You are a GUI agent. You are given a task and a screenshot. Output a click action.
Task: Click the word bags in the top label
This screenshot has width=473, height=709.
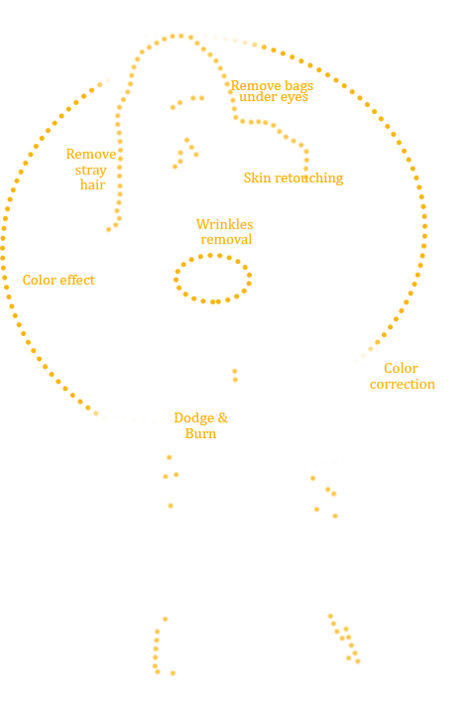tap(298, 86)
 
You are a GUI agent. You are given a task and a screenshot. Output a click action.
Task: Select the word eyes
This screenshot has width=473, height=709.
tap(293, 97)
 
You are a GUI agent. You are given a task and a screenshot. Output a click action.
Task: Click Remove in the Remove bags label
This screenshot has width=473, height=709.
tap(257, 85)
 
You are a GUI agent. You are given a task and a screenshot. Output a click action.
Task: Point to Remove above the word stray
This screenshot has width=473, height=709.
tap(91, 154)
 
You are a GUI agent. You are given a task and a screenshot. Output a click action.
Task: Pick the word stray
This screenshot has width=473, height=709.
tap(91, 171)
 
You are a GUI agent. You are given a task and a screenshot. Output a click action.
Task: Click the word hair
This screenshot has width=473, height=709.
tap(92, 185)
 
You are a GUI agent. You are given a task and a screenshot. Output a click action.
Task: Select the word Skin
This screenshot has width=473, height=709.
tap(258, 177)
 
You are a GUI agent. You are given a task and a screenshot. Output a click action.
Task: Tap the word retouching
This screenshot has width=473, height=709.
tap(308, 178)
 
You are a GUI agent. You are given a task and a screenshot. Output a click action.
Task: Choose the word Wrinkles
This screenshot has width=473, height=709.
tap(225, 224)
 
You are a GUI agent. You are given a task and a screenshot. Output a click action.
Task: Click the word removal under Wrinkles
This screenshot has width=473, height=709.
tap(226, 240)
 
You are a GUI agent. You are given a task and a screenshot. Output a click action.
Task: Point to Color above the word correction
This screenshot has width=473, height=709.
tap(401, 369)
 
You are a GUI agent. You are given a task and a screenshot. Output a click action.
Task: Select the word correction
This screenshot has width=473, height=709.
tap(403, 385)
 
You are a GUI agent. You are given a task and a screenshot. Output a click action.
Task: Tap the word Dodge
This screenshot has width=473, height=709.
tap(194, 417)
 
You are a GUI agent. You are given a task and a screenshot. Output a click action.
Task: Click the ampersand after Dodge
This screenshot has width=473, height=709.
tap(223, 417)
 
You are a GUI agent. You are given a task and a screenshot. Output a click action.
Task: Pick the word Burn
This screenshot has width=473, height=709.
tap(200, 433)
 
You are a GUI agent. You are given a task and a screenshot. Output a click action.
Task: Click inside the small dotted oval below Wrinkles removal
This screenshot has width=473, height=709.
tap(212, 279)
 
